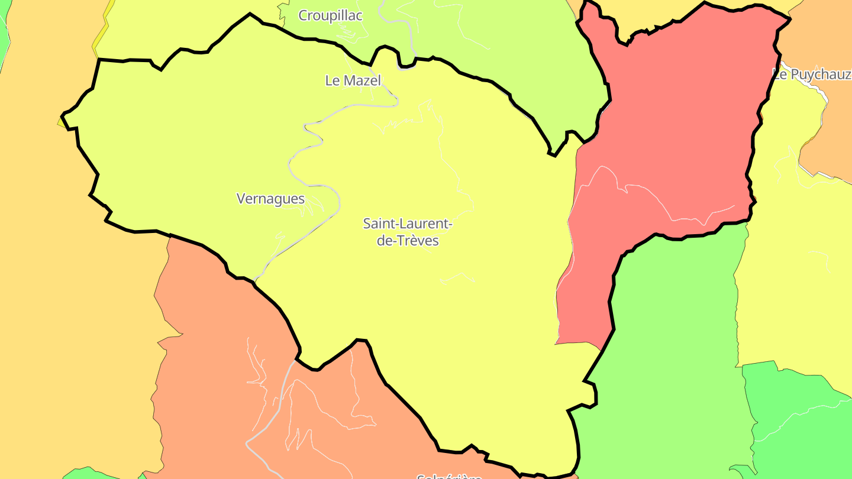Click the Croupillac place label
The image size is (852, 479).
(330, 16)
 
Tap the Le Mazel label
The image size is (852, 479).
(353, 80)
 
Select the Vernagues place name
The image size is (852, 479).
(270, 199)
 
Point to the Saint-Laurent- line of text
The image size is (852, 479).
(408, 224)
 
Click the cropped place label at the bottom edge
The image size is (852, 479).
(450, 476)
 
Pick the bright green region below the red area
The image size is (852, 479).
(669, 355)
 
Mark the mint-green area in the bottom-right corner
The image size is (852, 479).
(805, 426)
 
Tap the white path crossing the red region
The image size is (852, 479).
(651, 195)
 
